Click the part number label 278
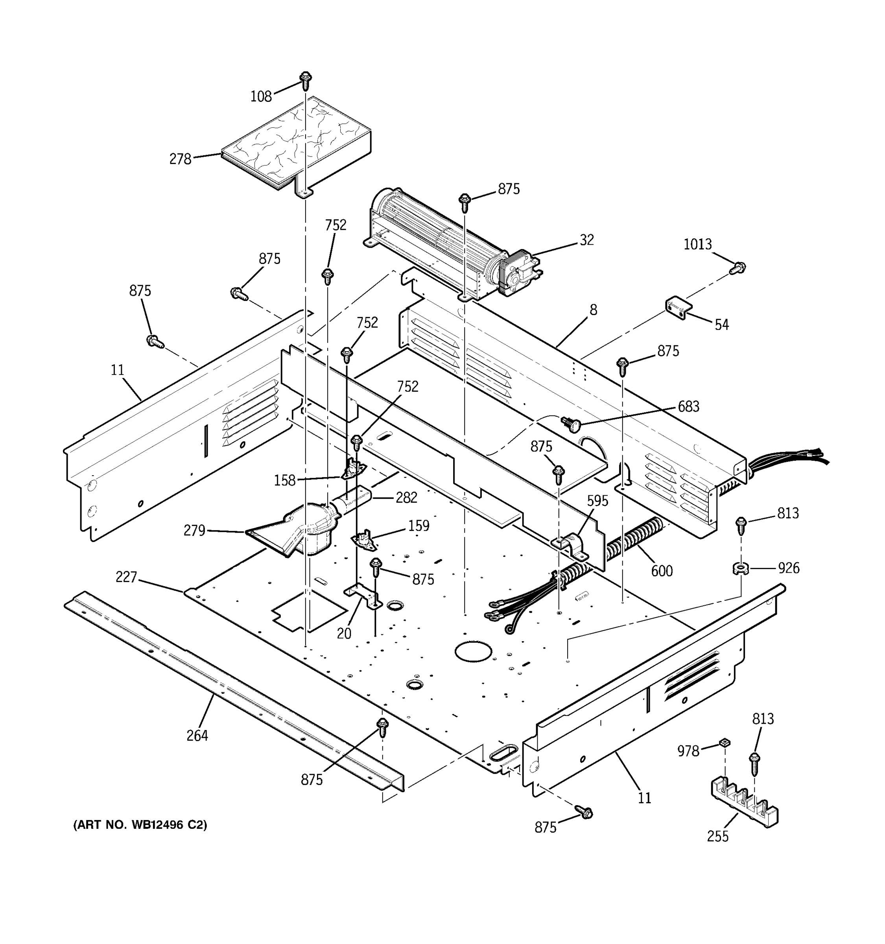180,159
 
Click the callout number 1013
697,244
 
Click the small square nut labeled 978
724,743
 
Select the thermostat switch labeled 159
364,540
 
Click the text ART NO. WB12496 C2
140,825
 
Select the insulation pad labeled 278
294,142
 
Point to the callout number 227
126,577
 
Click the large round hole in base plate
473,651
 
